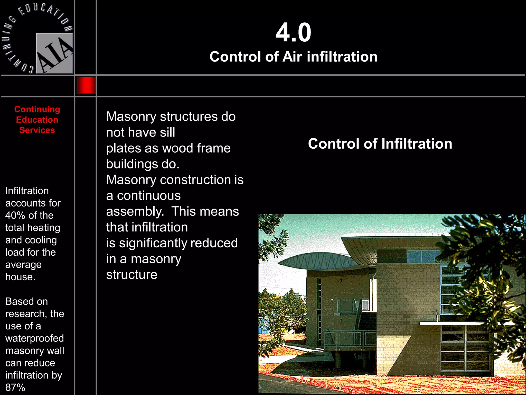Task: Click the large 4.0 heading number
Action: coord(293,33)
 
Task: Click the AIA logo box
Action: coord(54,53)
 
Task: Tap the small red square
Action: coord(86,85)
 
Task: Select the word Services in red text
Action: coord(37,130)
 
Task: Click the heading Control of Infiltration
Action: coord(380,143)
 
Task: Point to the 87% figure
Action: coord(15,387)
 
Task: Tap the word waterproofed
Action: coord(34,338)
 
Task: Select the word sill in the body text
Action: coord(167,132)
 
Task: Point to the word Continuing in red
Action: coord(37,109)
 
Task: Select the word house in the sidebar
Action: coord(20,277)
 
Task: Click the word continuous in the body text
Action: coord(149,196)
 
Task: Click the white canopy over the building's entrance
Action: coord(452,323)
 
